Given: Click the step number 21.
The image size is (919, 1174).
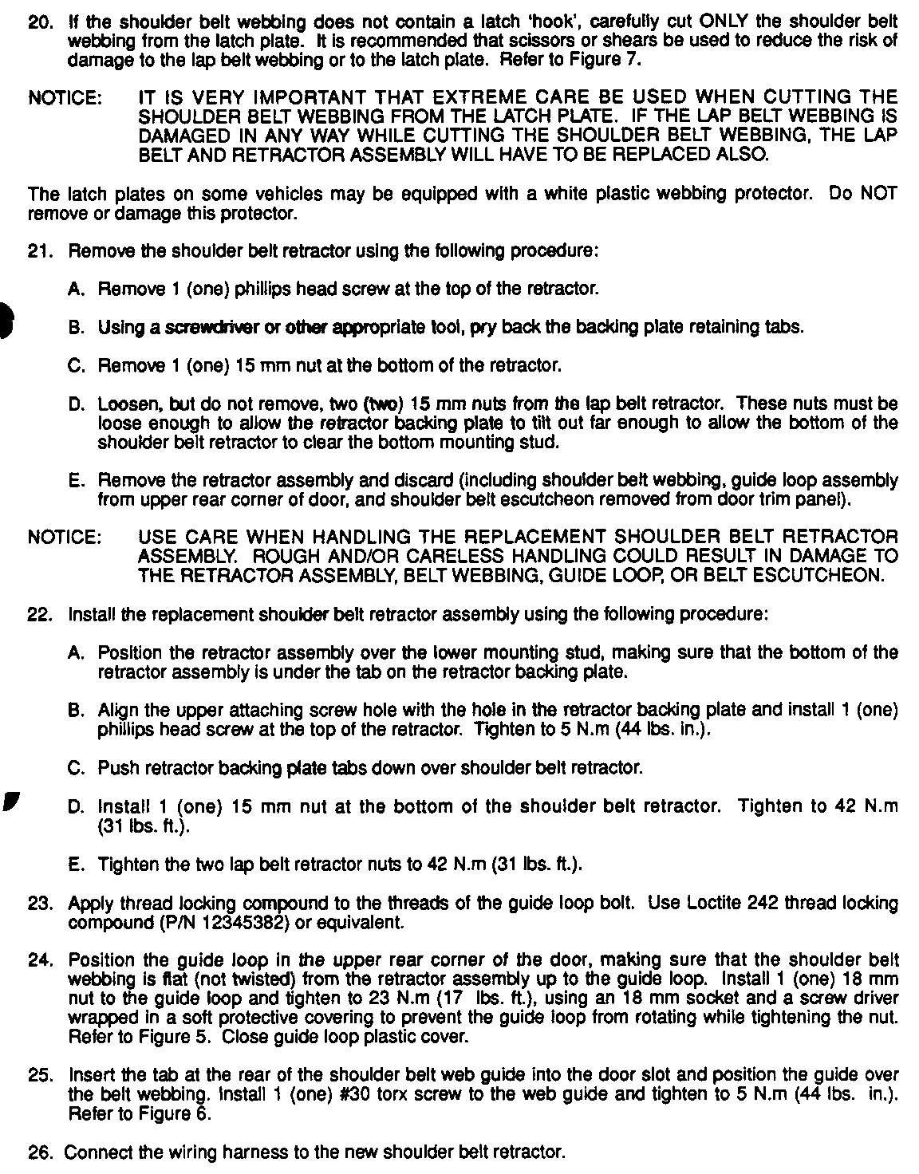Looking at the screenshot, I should tap(38, 251).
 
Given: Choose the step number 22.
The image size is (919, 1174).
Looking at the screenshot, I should tap(38, 615).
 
